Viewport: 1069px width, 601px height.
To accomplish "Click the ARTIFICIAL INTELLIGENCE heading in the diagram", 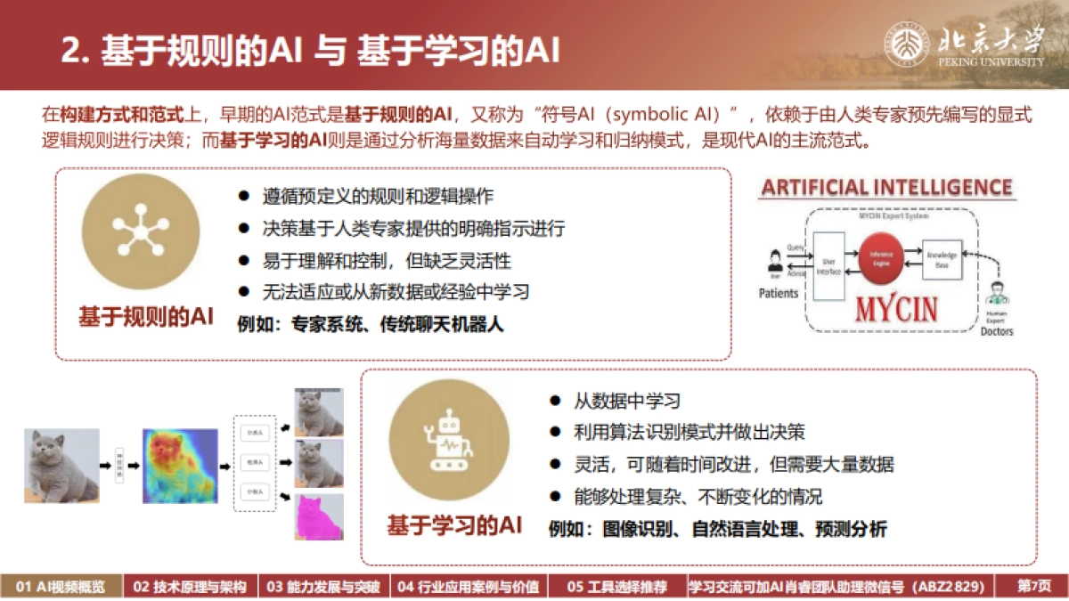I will coord(886,188).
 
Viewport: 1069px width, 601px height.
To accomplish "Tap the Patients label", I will coord(779,292).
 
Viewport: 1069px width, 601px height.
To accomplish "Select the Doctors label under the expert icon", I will coord(997,331).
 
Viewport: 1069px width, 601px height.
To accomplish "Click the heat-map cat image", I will coord(180,466).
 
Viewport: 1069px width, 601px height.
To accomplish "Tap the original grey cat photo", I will coord(62,466).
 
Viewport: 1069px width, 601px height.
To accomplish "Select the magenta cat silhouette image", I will coord(319,516).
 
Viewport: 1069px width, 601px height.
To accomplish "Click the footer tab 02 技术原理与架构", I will coord(190,587).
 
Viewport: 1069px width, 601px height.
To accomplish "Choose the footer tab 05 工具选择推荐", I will coord(616,587).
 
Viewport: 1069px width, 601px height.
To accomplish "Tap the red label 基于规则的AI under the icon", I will coord(146,317).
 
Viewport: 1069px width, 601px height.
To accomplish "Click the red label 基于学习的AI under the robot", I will coord(453,525).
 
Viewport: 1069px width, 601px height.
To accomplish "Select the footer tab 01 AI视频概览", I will coord(59,587).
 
